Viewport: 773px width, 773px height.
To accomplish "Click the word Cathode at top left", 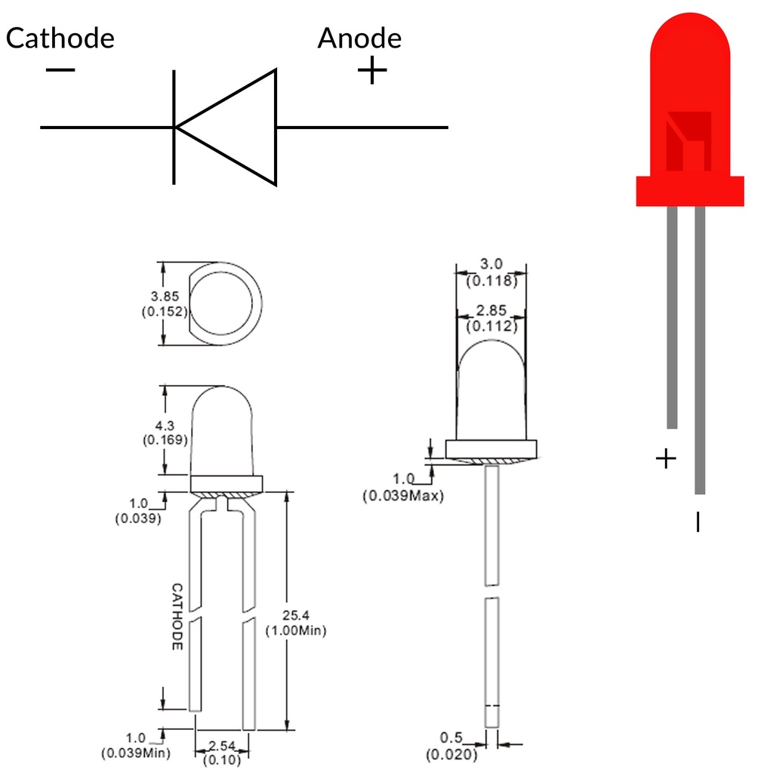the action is pos(60,38).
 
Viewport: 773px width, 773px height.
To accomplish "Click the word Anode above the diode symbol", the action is pos(359,38).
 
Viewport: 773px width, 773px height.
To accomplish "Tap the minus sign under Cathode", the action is pos(60,70).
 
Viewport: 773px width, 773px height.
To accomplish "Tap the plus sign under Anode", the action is pos(372,70).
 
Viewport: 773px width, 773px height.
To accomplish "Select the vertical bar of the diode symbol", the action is pos(174,127).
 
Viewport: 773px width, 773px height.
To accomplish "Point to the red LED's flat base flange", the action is pos(690,191).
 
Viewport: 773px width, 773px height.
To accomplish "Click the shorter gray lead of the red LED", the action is pos(672,318).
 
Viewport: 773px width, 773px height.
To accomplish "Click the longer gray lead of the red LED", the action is pos(700,350).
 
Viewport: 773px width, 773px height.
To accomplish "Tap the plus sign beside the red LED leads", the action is pos(666,459).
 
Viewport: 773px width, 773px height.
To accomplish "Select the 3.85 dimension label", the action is pos(165,296).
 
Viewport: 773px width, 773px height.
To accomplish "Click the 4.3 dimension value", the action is pos(165,426).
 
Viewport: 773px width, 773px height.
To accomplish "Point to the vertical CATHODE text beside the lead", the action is pos(177,617).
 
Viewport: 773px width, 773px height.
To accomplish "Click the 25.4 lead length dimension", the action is pos(296,615).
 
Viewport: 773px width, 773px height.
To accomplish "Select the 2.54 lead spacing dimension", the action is pos(222,745).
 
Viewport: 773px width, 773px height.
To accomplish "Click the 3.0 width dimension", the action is pos(491,263).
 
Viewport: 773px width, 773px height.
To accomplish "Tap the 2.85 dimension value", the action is pos(491,310).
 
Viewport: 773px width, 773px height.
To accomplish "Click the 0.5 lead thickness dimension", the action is pos(451,738).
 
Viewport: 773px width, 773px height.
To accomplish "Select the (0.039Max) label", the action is pos(403,495).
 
